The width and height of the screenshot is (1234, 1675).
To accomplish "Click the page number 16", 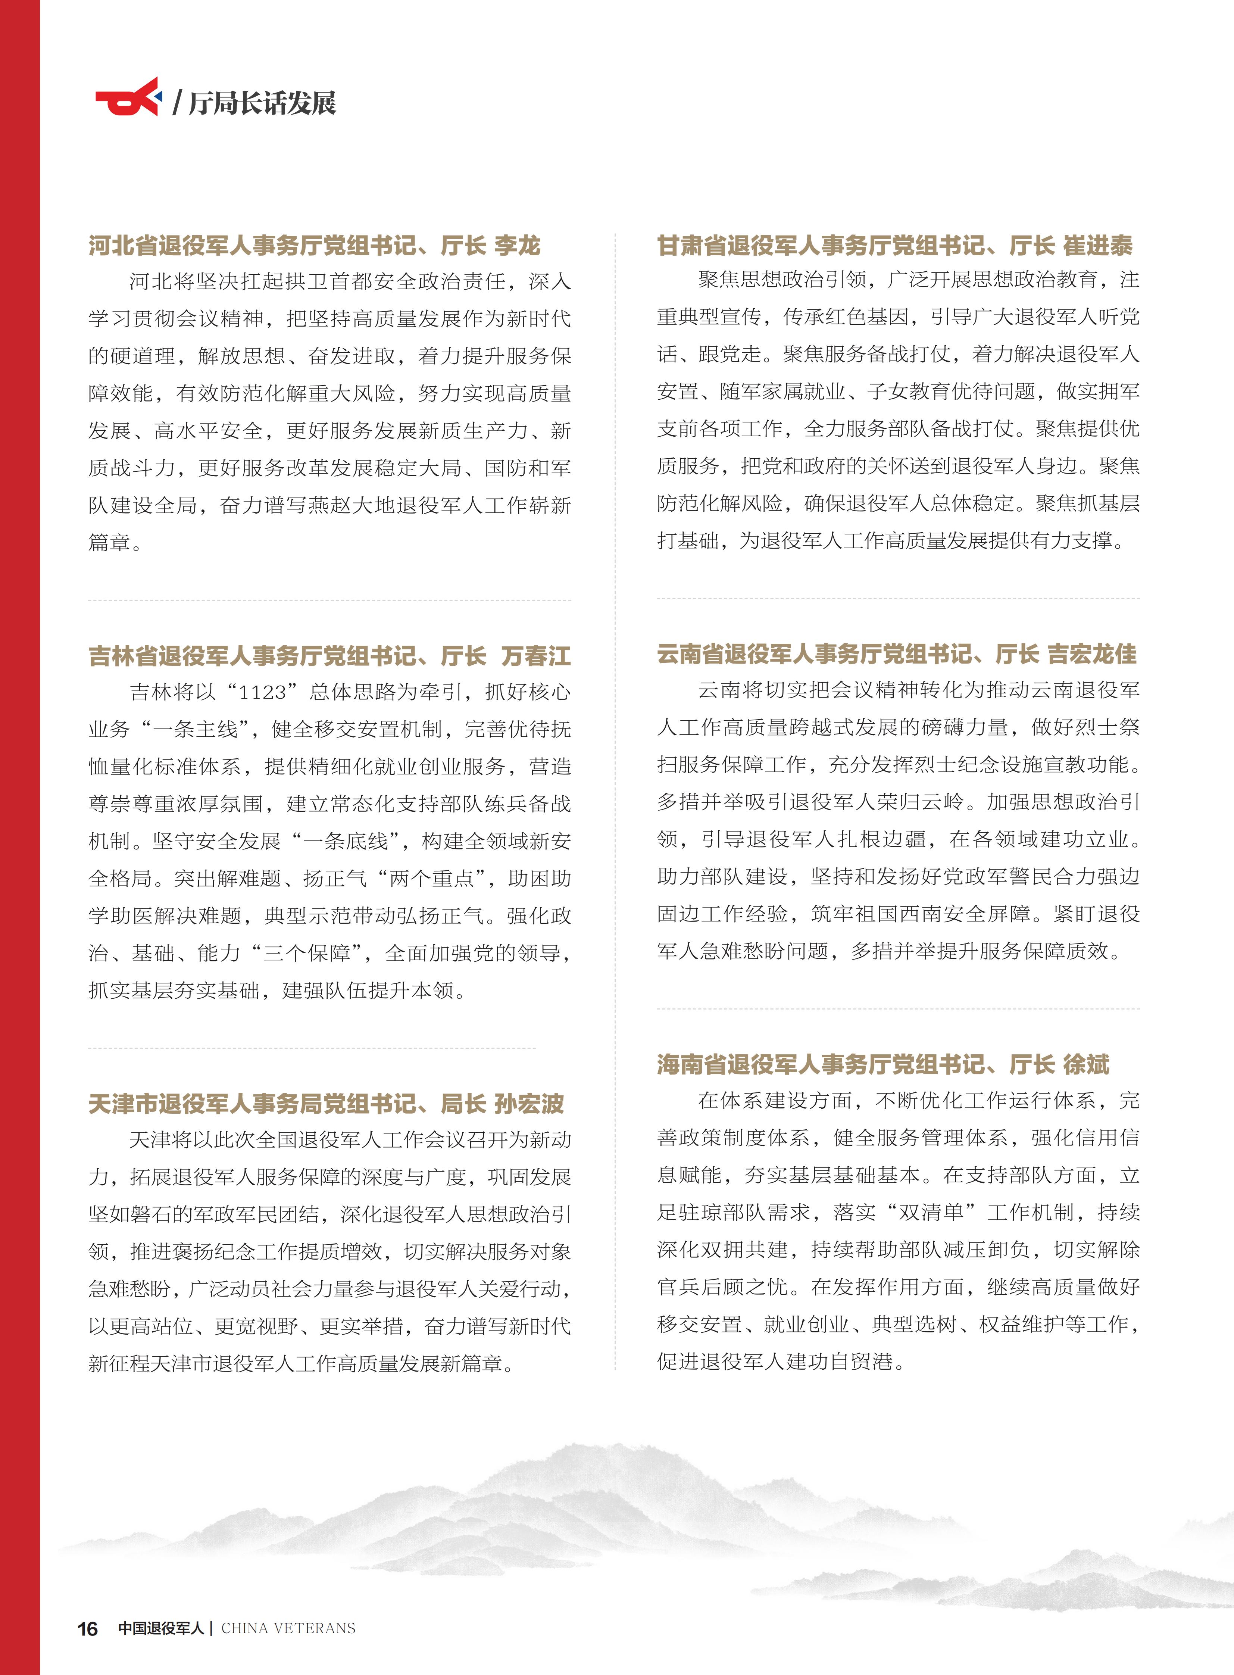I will click(x=87, y=1629).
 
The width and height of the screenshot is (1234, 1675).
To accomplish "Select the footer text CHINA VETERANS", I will click(x=288, y=1628).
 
